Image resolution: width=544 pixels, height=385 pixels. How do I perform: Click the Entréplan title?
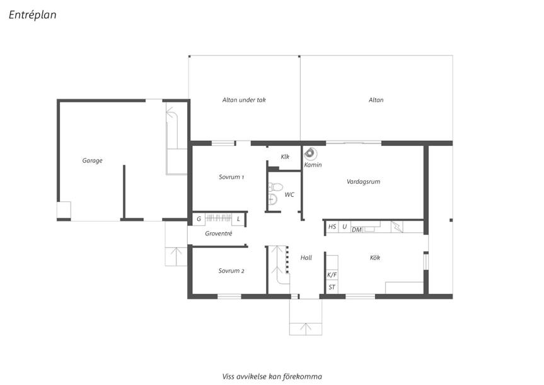(x=32, y=15)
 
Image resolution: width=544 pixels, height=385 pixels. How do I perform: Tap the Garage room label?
(x=92, y=160)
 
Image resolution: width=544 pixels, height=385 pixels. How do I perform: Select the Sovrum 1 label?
(x=231, y=177)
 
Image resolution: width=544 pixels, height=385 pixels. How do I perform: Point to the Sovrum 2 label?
(x=231, y=271)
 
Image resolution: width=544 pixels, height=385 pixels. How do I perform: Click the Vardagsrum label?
(x=363, y=182)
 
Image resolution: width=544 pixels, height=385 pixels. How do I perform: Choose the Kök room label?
(x=374, y=258)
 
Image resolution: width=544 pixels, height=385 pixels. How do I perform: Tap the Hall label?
(x=306, y=258)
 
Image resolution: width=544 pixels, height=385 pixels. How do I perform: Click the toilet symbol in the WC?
(x=275, y=187)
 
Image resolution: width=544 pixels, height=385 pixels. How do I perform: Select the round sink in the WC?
(x=273, y=199)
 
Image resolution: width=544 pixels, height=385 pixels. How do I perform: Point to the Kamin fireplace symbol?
(x=310, y=153)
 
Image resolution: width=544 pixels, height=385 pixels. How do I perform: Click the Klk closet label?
(x=285, y=157)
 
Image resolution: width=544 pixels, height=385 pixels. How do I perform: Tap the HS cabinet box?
(x=332, y=227)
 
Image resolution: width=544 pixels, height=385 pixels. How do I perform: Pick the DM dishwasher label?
(x=357, y=230)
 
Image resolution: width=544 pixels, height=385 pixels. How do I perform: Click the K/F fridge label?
(x=332, y=275)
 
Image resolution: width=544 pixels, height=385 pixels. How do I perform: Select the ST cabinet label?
(x=332, y=287)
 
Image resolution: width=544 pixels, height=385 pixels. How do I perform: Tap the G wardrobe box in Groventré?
(x=199, y=219)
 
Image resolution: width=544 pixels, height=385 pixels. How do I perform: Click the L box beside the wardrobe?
(x=238, y=219)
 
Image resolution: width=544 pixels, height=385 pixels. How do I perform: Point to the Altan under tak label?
(x=244, y=100)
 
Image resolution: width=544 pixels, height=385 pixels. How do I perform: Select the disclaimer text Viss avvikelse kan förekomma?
(x=272, y=376)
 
